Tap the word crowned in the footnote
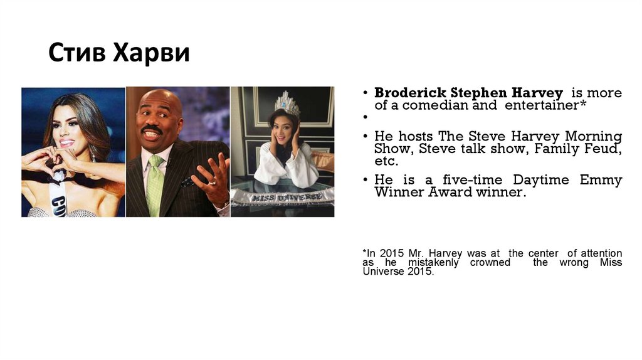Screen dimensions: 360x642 pos(490,262)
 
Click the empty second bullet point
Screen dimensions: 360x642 pos(364,118)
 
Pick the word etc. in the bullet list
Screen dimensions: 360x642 pos(386,161)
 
